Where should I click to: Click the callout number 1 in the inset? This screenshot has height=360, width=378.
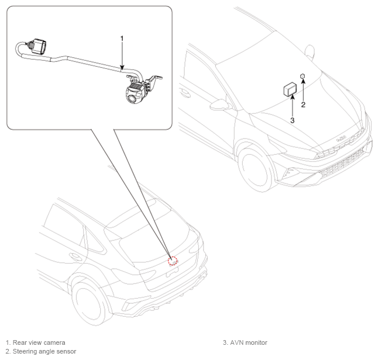[122, 39]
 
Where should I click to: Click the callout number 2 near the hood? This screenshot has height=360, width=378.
[303, 105]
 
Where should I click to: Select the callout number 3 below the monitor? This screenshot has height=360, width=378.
[292, 120]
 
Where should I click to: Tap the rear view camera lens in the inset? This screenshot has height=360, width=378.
[132, 98]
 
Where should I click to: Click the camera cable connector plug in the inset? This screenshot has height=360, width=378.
[38, 46]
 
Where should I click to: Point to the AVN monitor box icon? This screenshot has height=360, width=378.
[290, 89]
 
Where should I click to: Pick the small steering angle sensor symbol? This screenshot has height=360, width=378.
[303, 76]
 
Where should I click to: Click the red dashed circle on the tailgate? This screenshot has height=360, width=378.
[173, 261]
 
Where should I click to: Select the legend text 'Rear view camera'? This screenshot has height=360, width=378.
[39, 342]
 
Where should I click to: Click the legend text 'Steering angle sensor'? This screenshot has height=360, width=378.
[44, 351]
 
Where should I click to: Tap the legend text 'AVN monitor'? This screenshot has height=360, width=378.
[249, 342]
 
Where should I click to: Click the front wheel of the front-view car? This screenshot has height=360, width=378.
[255, 168]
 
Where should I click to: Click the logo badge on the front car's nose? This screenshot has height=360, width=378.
[341, 139]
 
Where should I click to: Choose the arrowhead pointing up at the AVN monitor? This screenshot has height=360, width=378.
[292, 97]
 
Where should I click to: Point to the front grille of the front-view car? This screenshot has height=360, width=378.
[342, 164]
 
